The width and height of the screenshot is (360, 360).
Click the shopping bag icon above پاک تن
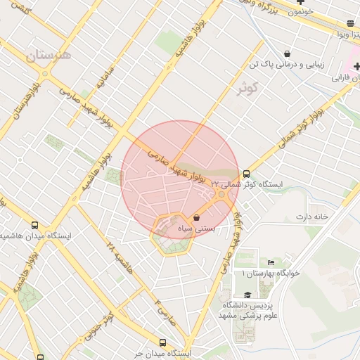tap(287, 53)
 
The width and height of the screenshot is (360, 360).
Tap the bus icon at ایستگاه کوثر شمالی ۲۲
tap(246, 174)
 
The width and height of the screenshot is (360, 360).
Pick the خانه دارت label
tap(312, 217)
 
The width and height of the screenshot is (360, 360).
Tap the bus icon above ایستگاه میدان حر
tap(163, 342)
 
